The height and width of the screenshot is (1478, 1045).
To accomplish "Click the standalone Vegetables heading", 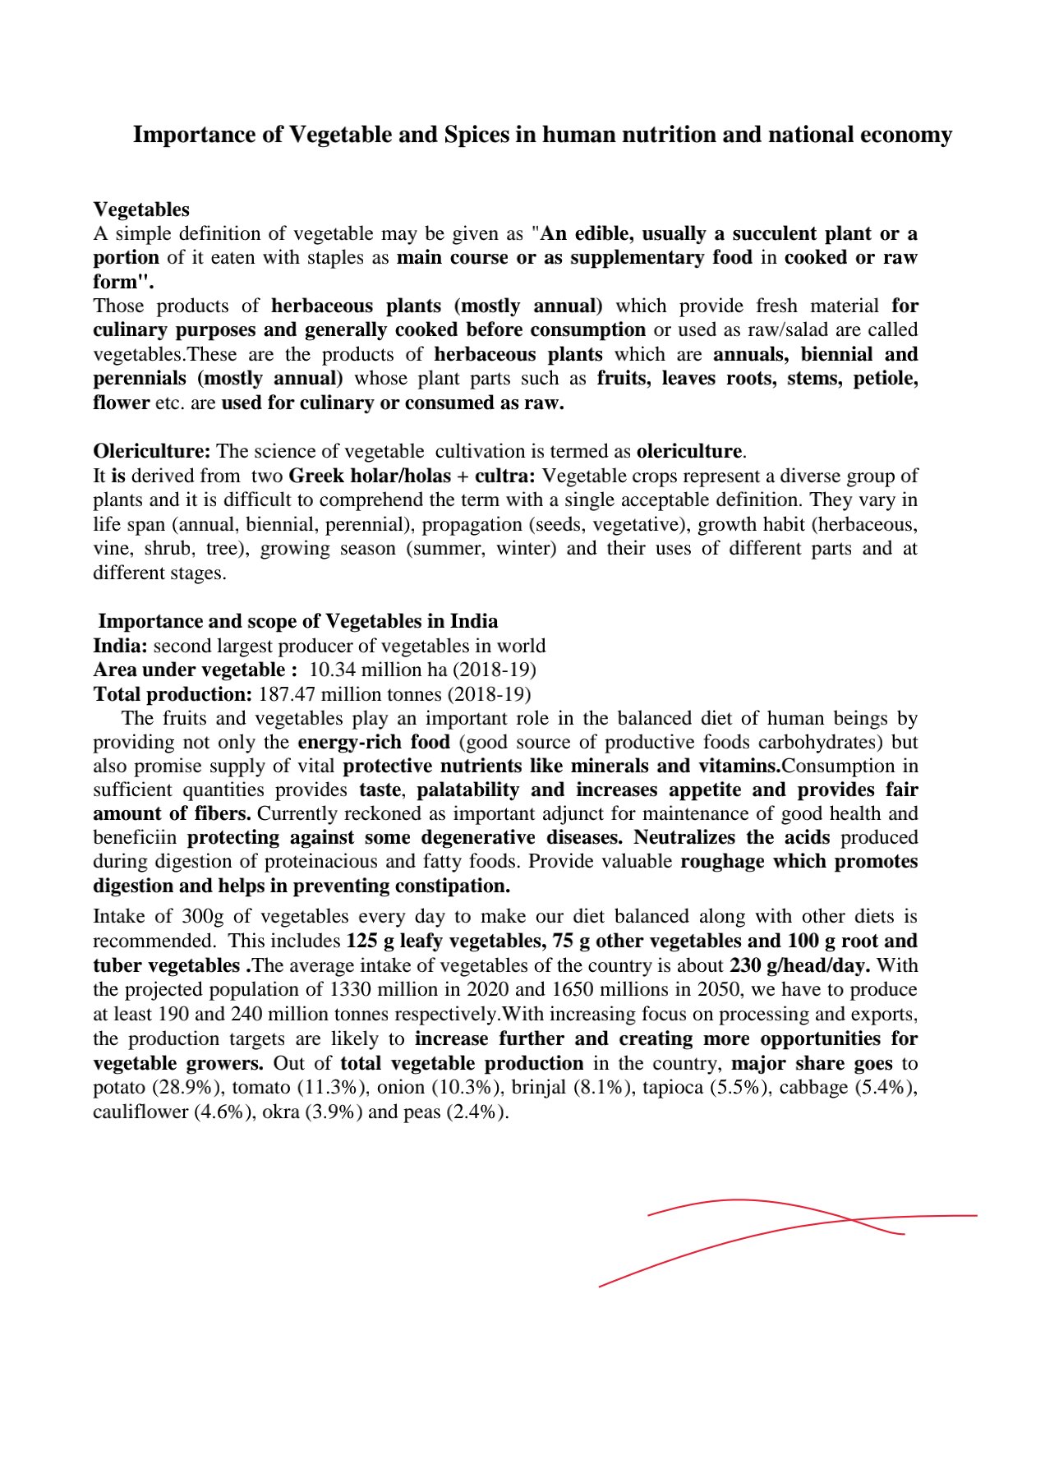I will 141,209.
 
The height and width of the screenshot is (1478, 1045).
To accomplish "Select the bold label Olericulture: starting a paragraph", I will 152,451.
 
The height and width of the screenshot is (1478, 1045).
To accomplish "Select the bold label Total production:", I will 173,694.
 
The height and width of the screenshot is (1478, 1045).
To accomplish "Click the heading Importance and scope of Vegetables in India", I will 297,621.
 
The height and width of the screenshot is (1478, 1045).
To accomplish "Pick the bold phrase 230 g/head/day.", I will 799,965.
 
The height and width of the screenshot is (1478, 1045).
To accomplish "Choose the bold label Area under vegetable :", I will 196,670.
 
